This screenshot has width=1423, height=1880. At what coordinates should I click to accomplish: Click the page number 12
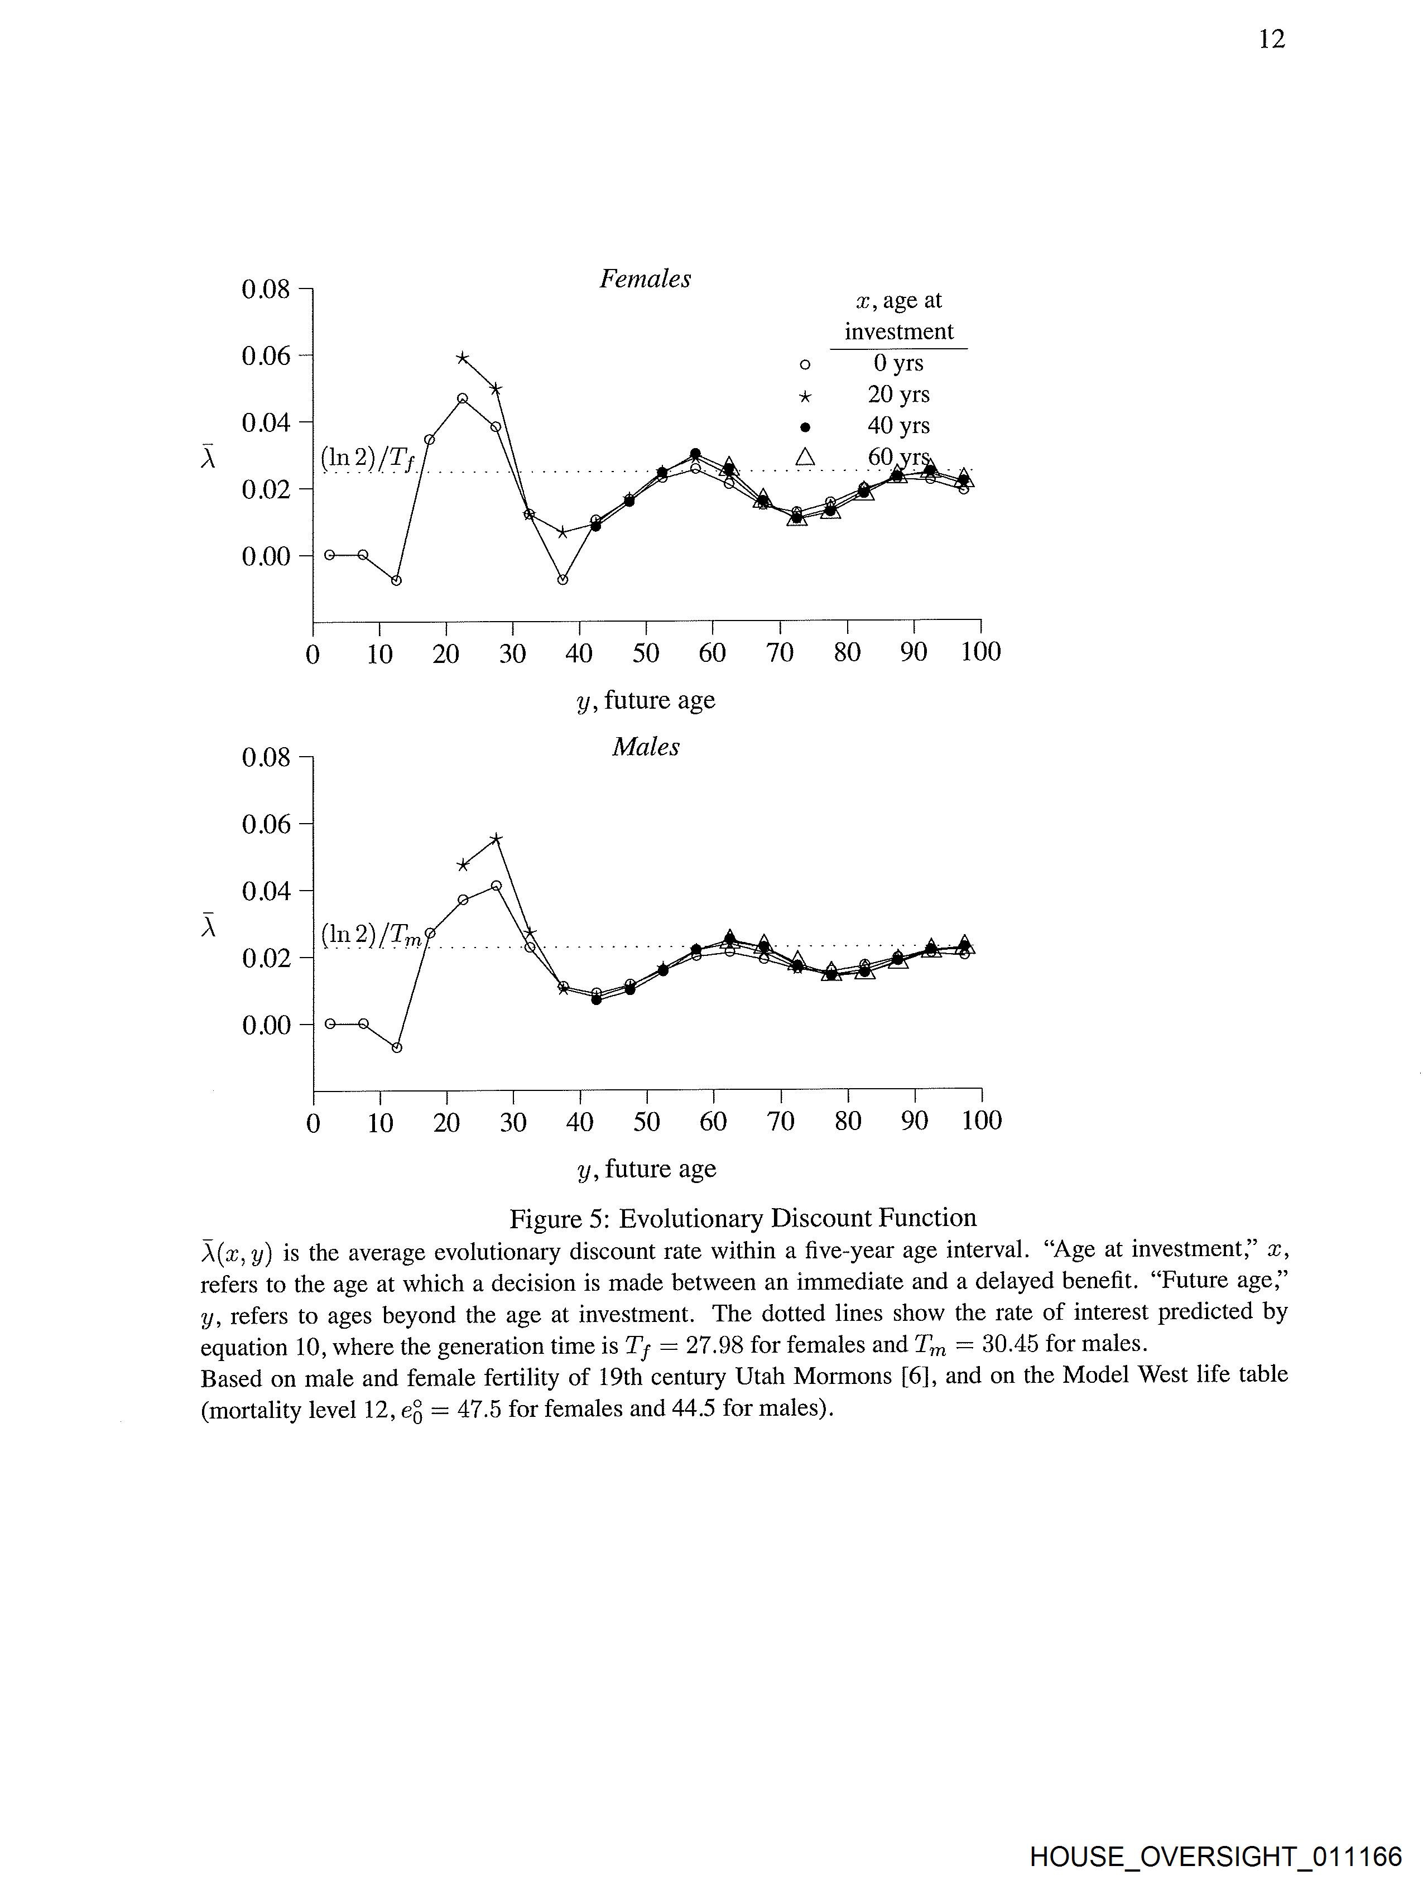(x=1272, y=39)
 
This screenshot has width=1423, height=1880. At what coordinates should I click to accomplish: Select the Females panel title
(x=645, y=279)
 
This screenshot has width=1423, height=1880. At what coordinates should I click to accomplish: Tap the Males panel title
(x=645, y=747)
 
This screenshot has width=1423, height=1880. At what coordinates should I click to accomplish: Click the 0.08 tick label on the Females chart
(x=265, y=290)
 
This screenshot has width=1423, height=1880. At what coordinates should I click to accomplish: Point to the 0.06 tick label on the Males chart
(x=265, y=824)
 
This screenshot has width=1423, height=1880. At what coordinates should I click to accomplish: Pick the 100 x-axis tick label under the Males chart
(x=981, y=1121)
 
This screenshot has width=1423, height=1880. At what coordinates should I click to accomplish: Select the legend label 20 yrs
(x=898, y=395)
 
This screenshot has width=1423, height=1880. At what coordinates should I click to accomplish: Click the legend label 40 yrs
(x=898, y=426)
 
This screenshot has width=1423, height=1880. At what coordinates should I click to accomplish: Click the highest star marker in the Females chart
(x=463, y=358)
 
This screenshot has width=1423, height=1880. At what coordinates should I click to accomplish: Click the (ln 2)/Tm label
(x=371, y=935)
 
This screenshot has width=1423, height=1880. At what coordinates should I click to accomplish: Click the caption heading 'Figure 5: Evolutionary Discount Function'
(x=742, y=1218)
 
